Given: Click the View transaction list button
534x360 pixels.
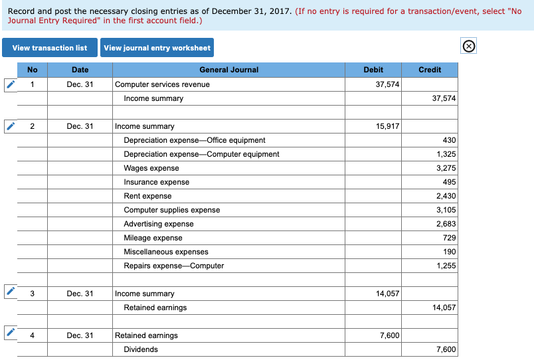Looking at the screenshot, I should [x=50, y=48].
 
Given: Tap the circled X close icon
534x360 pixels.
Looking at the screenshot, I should [x=468, y=46].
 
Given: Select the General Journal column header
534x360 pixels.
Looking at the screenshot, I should [x=228, y=70].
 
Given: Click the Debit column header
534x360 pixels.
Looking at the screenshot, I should [x=373, y=70].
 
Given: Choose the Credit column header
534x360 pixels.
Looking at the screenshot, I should [x=430, y=70].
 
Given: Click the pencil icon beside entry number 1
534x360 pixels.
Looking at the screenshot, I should [x=11, y=84].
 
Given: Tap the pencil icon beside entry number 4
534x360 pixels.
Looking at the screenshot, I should [x=11, y=334].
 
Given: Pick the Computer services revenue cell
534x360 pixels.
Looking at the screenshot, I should [x=163, y=84].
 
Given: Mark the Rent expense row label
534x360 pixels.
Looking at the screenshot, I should [x=147, y=196].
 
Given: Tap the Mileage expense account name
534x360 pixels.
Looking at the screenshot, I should [x=153, y=238].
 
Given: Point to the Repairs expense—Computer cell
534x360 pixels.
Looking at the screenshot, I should [x=174, y=266].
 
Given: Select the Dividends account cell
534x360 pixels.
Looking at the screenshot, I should [x=141, y=349].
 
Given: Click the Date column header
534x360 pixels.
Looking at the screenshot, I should [x=80, y=70].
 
